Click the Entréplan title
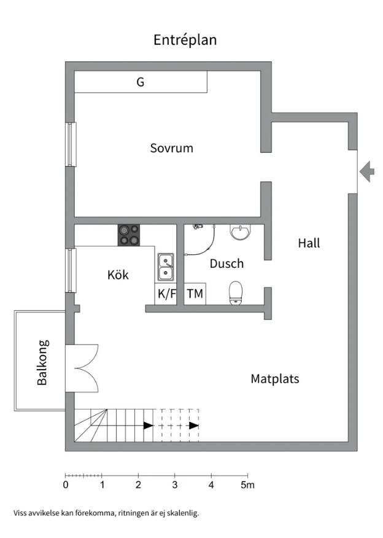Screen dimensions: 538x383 pos(185,41)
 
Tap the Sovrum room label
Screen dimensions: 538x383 pos(172,148)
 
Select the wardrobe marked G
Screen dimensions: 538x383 pos(141,82)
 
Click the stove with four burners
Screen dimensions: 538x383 pos(128,235)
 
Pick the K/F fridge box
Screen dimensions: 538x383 pos(166,294)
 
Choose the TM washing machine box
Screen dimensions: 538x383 pos(195,294)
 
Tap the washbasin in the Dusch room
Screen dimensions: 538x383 pos(239,232)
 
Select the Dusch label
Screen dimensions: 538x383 pos(226,263)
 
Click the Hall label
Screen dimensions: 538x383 pos(309,243)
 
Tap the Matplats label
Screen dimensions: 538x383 pos(274,379)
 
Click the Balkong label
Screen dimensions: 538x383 pos(42,362)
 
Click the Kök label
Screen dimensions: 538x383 pos(118,275)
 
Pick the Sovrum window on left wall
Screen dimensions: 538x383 pos(71,144)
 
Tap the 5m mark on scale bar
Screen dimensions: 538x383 pos(247,485)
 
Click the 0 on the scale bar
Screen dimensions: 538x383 pos(66,485)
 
